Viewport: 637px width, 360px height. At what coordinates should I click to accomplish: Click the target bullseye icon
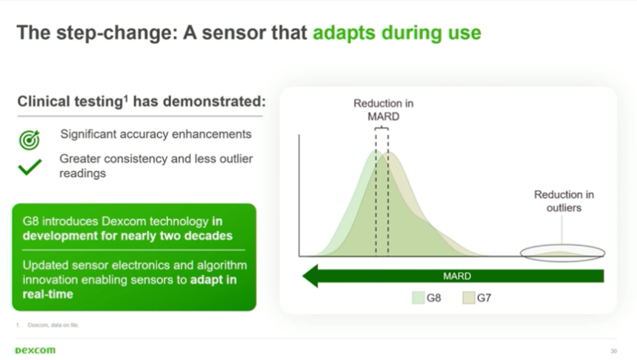click(x=29, y=140)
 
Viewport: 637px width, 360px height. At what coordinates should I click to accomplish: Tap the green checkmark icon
click(x=30, y=167)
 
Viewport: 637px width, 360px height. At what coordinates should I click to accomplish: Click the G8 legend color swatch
click(x=418, y=298)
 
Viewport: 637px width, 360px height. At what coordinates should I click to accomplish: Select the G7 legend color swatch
click(x=468, y=298)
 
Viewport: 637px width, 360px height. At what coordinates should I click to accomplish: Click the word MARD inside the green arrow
click(x=457, y=276)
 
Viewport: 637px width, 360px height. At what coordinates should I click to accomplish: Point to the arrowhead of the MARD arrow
click(x=303, y=276)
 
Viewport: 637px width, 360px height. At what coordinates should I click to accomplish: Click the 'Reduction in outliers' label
click(x=564, y=201)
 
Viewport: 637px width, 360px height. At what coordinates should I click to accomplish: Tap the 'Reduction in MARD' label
click(x=384, y=110)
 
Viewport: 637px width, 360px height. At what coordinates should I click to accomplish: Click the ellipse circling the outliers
click(x=563, y=245)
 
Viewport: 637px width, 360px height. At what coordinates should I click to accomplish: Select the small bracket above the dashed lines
click(x=381, y=127)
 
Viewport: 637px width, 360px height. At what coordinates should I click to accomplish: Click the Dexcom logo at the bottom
click(x=36, y=350)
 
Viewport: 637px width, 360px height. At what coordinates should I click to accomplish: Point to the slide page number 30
click(x=613, y=351)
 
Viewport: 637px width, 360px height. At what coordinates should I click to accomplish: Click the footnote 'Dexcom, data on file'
click(x=53, y=325)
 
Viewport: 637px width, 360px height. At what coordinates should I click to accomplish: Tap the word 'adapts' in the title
click(x=344, y=33)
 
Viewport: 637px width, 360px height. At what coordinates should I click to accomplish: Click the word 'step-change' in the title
click(x=117, y=33)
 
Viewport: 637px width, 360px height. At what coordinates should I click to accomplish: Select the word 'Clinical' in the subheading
click(x=44, y=101)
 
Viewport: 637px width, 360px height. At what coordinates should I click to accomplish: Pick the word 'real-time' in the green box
click(x=48, y=294)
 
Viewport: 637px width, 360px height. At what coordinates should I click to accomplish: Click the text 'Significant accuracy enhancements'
click(x=156, y=134)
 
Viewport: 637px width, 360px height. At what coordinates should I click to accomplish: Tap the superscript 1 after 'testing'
click(x=126, y=98)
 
